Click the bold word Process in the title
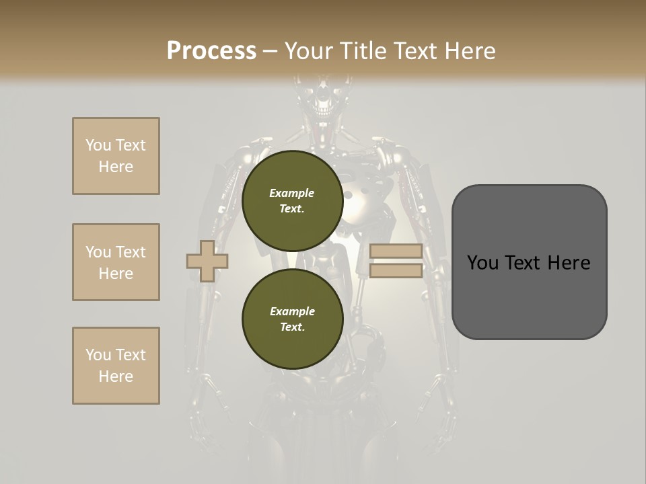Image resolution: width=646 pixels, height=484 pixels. click(211, 51)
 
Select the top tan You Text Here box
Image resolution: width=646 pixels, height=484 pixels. click(116, 156)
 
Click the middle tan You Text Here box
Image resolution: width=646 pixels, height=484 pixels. click(116, 262)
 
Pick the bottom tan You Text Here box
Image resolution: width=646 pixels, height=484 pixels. click(116, 366)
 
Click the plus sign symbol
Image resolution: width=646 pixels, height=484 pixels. click(207, 261)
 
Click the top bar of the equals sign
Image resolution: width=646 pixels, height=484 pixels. click(396, 251)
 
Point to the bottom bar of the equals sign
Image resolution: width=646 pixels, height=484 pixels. click(396, 270)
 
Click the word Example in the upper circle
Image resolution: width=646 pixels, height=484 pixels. click(292, 193)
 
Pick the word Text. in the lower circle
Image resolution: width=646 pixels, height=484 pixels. click(292, 327)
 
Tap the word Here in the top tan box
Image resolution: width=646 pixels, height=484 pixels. click(116, 167)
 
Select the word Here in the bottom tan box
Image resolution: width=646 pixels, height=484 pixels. click(116, 376)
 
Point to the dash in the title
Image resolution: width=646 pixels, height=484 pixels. click(271, 52)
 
